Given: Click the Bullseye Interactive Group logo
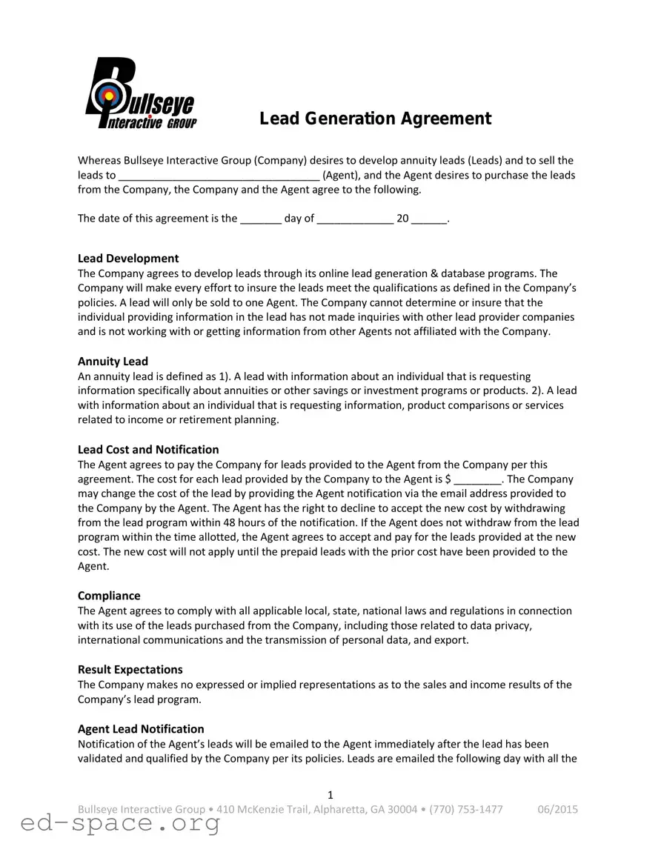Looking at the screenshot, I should tap(141, 94).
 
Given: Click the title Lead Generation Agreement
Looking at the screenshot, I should tap(375, 119).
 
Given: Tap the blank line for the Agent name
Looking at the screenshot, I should tap(219, 176).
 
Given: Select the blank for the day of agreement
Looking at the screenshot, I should tap(261, 219).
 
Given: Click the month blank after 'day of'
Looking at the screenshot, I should tap(355, 219).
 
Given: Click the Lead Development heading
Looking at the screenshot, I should tap(128, 259).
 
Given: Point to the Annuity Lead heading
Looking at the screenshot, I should tap(113, 362).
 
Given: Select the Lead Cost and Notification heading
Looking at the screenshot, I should tap(148, 450).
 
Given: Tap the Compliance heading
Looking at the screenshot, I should tap(109, 596).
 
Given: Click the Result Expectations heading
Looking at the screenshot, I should tap(130, 670).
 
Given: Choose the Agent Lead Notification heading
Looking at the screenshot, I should tap(141, 729).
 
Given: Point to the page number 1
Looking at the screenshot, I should tap(330, 796).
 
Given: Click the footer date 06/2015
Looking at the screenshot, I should tap(557, 809).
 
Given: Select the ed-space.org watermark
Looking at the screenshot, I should tap(120, 823).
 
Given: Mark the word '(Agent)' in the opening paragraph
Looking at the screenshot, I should tap(342, 176).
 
